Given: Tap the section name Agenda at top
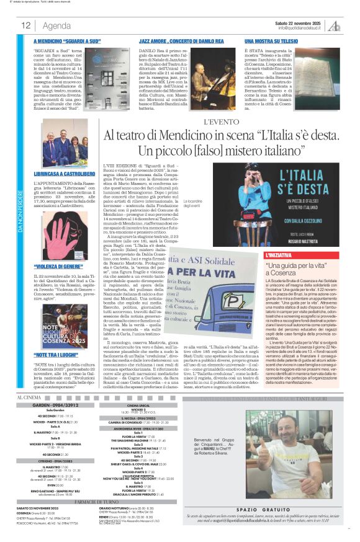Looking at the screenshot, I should (57, 25).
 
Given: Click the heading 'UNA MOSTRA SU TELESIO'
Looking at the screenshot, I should (271, 39).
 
